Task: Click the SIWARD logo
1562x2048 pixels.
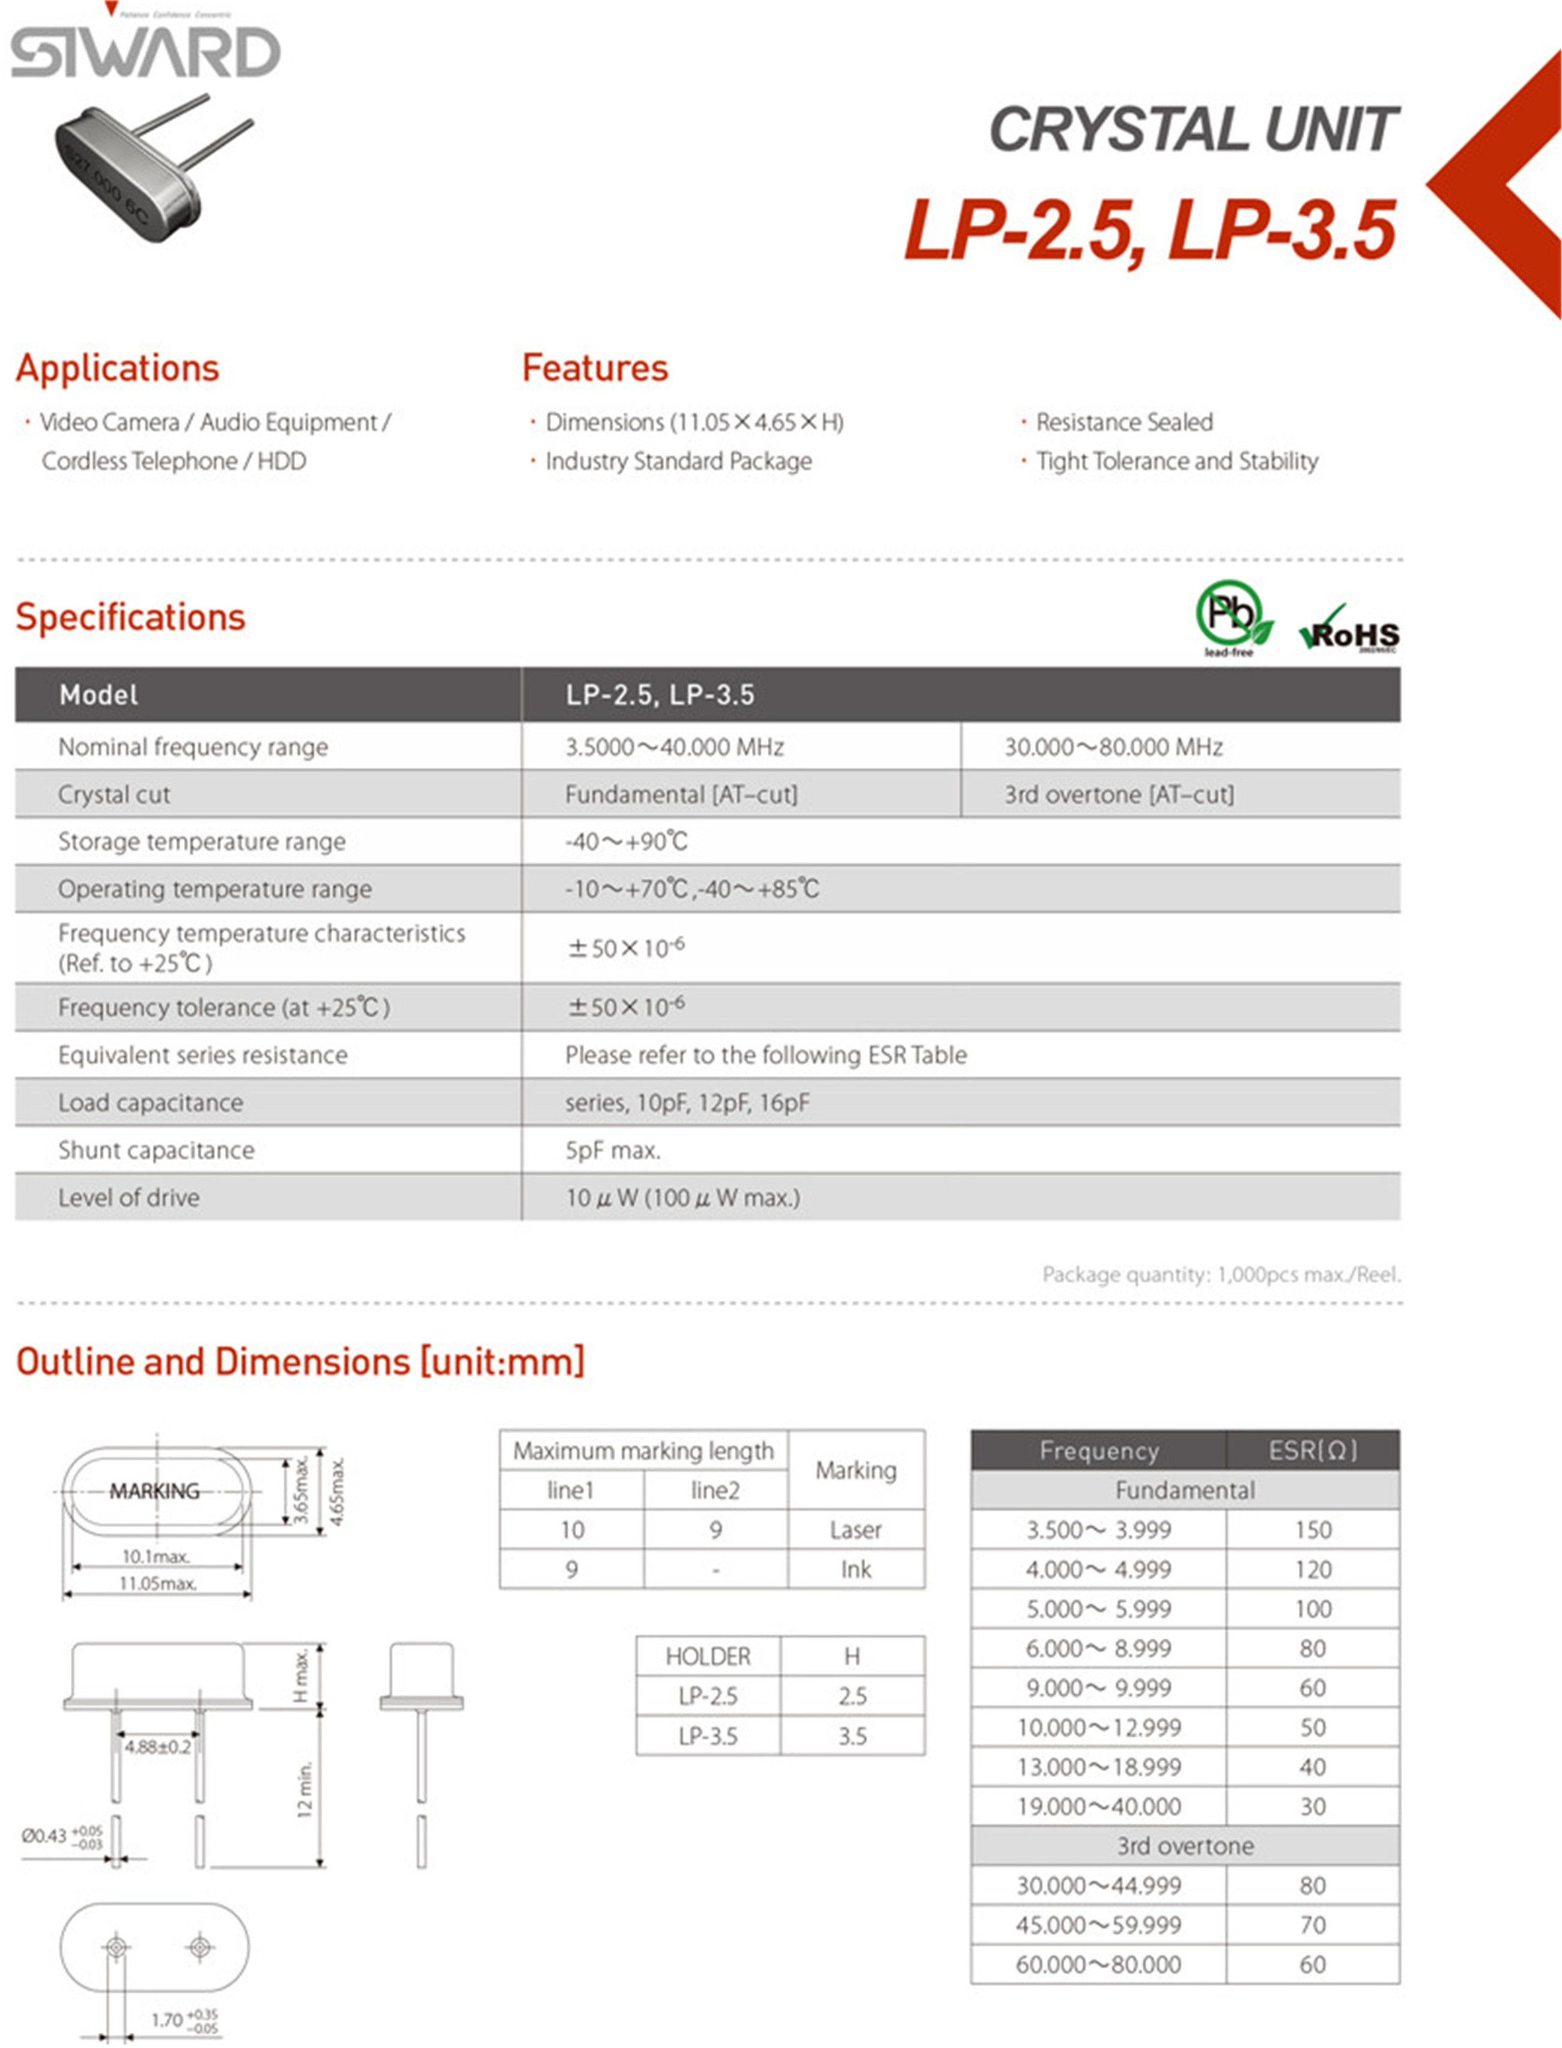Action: coord(145,50)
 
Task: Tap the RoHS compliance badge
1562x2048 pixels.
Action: coord(1350,632)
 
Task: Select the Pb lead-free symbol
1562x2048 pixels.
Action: coord(1232,616)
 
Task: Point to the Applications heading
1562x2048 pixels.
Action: coord(117,368)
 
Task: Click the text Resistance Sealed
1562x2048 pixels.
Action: coord(1124,422)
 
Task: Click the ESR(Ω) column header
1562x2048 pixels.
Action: coord(1312,1450)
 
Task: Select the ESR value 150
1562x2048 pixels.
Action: coord(1313,1530)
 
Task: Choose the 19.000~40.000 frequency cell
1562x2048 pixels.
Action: coord(1098,1806)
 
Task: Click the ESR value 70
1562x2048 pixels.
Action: coord(1313,1925)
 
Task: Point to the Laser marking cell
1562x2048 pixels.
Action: coord(855,1530)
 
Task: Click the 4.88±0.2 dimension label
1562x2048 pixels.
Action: coord(157,1747)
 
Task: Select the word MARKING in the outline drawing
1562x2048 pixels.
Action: coord(155,1491)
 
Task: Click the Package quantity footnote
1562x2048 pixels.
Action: coord(1221,1274)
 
